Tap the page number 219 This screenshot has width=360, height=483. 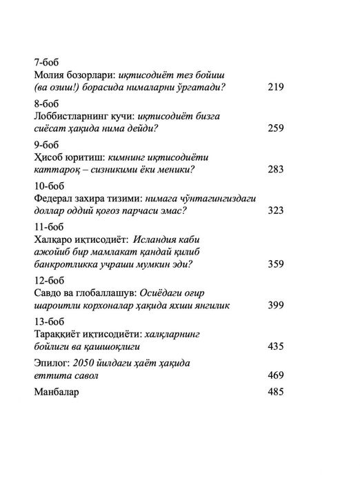[x=275, y=88]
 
